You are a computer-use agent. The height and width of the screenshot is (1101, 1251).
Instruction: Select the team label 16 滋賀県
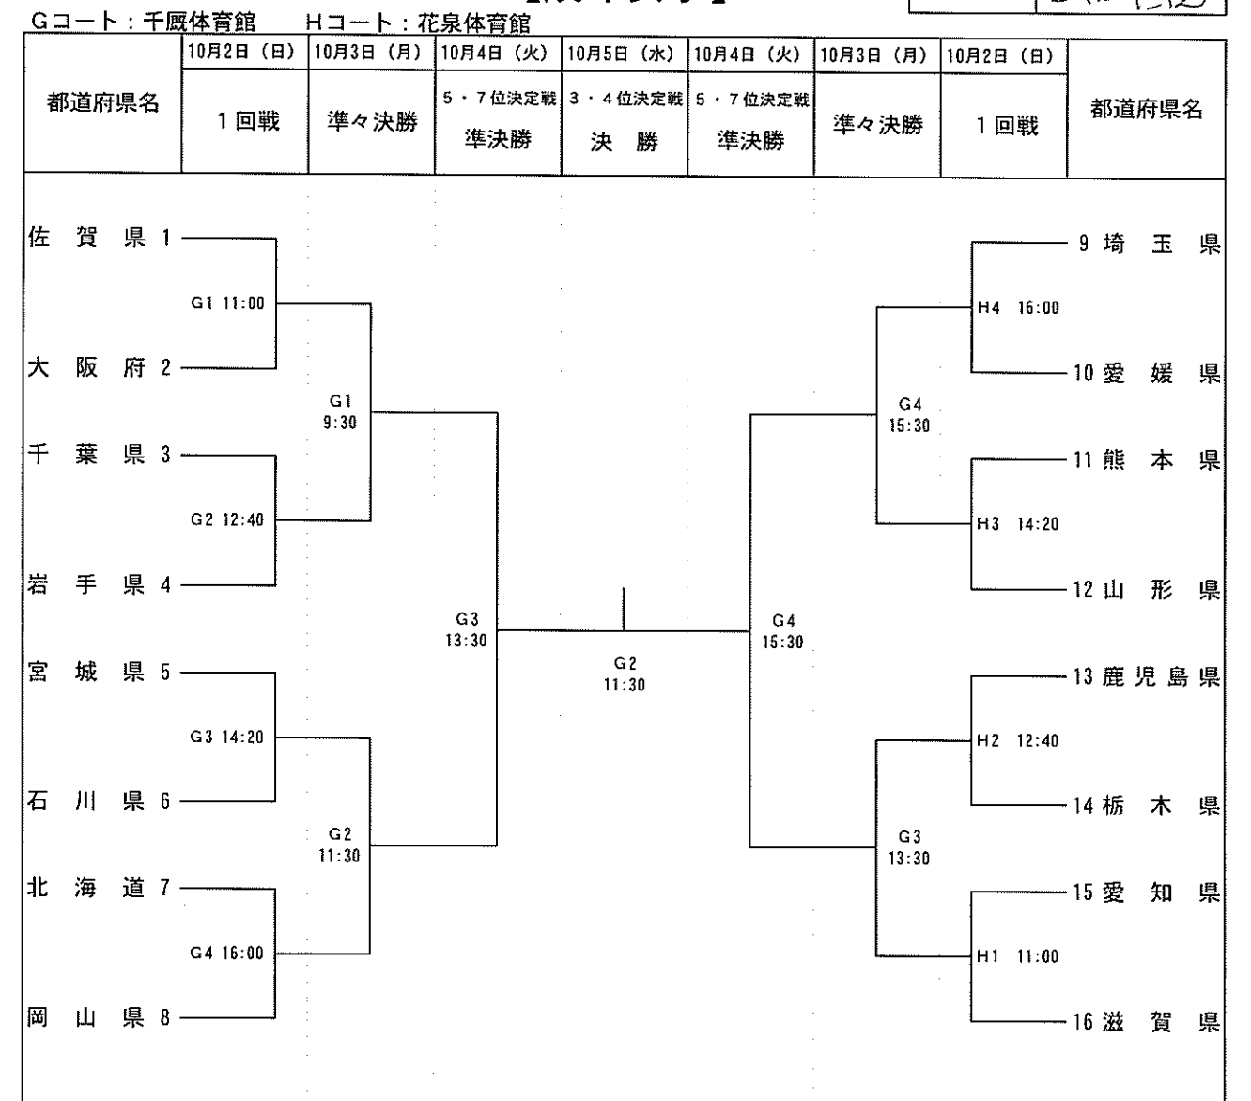pyautogui.click(x=1146, y=1022)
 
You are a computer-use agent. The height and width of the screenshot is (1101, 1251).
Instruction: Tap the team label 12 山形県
pyautogui.click(x=1146, y=590)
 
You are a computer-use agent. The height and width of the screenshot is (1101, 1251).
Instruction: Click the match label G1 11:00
pyautogui.click(x=227, y=303)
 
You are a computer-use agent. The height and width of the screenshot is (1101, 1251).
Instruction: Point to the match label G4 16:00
pyautogui.click(x=227, y=954)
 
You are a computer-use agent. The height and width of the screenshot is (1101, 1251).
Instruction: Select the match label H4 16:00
pyautogui.click(x=1018, y=308)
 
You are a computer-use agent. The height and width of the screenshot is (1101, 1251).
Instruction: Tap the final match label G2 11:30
pyautogui.click(x=625, y=675)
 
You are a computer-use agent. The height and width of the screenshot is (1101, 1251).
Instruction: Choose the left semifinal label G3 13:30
pyautogui.click(x=467, y=628)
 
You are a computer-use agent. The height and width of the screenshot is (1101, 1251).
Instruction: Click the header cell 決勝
pyautogui.click(x=625, y=143)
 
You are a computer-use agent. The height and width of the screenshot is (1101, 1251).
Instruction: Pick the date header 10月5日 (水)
pyautogui.click(x=625, y=54)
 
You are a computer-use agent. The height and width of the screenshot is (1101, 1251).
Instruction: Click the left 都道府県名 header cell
pyautogui.click(x=103, y=104)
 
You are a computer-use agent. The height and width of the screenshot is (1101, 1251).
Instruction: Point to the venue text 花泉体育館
pyautogui.click(x=472, y=23)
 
